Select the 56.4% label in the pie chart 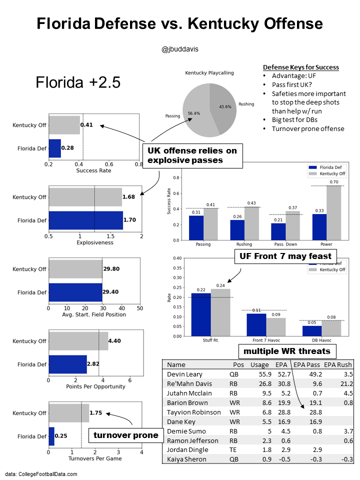[x=193, y=113]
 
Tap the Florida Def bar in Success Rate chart [x=54, y=148]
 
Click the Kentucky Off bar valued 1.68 [x=85, y=197]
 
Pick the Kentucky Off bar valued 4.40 [x=78, y=341]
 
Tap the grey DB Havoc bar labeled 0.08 [x=330, y=328]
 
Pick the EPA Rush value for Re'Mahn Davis [x=345, y=383]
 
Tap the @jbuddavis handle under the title [x=179, y=49]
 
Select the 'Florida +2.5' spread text [x=78, y=82]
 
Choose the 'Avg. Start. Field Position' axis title [x=94, y=314]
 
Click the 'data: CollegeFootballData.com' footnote [x=41, y=473]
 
